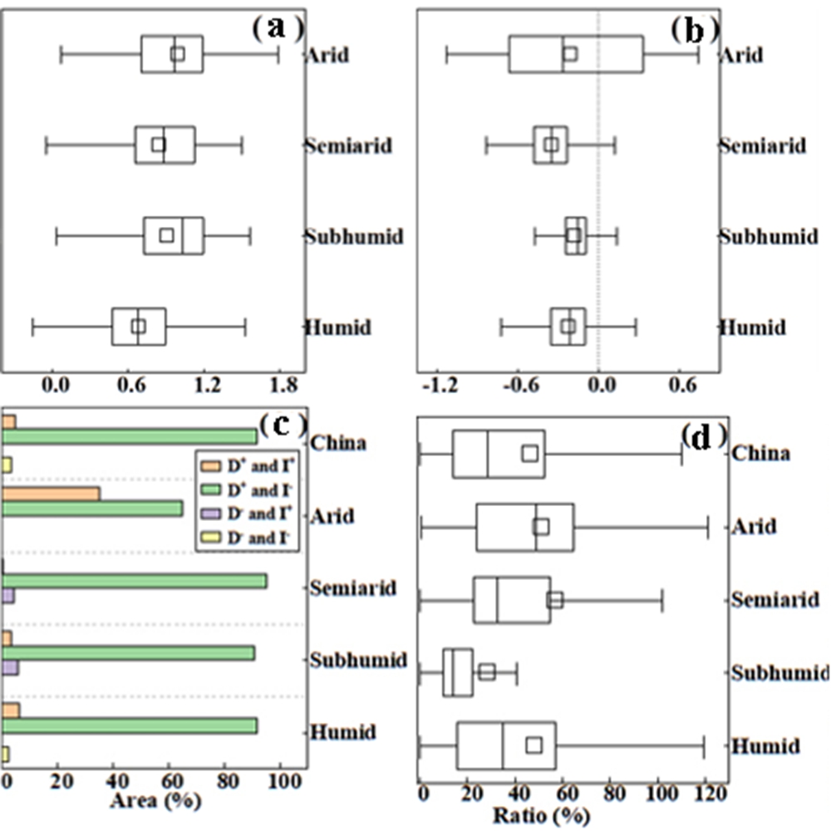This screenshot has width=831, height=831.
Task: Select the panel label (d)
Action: point(703,435)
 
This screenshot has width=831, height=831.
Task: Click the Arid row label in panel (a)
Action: point(327,56)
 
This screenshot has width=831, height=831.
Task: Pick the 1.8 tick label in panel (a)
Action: point(283,385)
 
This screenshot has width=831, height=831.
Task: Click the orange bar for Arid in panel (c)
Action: point(51,494)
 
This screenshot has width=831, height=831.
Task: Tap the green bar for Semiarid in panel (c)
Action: point(135,581)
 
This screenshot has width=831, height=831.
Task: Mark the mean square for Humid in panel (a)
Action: point(139,327)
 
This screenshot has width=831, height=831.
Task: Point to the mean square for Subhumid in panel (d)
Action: point(487,671)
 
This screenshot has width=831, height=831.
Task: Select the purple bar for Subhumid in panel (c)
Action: point(11,667)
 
